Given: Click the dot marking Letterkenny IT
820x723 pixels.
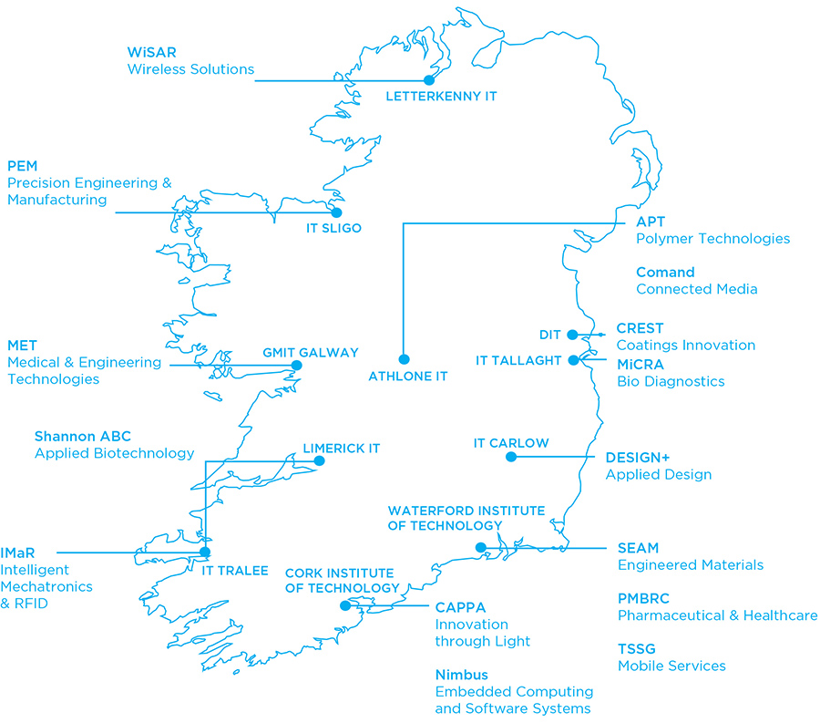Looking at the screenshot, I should coord(429,80).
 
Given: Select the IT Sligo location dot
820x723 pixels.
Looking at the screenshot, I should coord(336,212).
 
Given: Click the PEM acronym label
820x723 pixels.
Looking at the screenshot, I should coord(22,166).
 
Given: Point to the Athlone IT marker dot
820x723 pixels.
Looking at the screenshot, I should coord(405,359).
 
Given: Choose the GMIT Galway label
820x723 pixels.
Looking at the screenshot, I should coord(311,353).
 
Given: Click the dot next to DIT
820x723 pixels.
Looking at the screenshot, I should coord(572,335).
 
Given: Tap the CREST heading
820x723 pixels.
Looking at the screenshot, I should coord(641,328).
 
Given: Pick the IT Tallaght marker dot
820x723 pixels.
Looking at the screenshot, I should coord(573,360).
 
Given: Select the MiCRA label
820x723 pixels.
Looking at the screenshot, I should coord(641,365).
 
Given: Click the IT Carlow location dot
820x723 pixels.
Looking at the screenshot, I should coord(511,457).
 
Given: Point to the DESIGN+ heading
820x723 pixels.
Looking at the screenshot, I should coord(638,458).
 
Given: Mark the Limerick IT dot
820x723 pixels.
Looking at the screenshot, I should coord(319,460).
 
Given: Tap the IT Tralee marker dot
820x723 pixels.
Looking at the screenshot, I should coord(205,552).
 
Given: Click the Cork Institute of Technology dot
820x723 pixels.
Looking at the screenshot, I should coord(344,605).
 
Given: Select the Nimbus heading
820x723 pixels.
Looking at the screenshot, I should coord(461,676).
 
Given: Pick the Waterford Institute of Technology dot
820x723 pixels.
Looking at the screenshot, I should coord(481,547).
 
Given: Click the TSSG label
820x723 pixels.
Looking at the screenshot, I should coord(637,649).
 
